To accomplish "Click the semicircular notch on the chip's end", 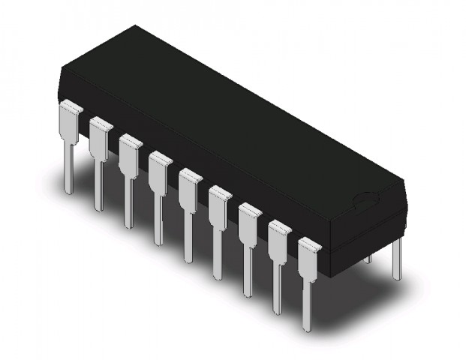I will [x=365, y=201].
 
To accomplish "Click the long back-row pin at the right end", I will [x=397, y=259].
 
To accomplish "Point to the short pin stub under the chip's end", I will [x=368, y=258].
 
